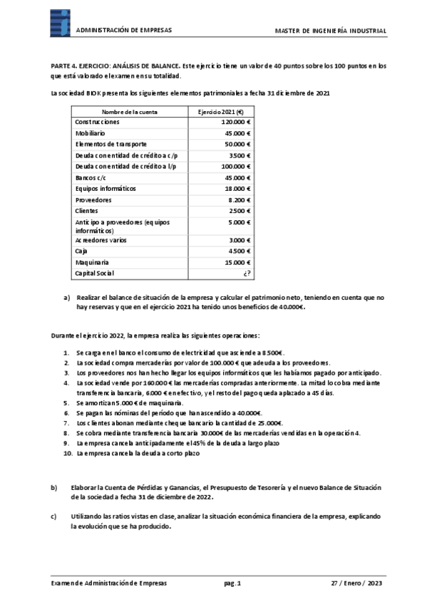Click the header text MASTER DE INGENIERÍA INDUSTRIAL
331,31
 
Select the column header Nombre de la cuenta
130,112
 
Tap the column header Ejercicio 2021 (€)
220,112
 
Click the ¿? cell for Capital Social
247,273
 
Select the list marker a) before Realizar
67,296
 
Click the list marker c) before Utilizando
53,516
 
